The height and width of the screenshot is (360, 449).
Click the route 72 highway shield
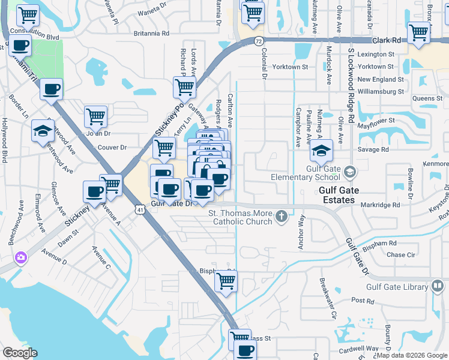[258, 41]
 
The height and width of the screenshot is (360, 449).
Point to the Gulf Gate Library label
[415, 287]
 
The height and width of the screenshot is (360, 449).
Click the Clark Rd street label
[385, 40]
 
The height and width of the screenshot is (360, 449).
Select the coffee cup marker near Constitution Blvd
[20, 46]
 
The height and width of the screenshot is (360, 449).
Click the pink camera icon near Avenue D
[21, 257]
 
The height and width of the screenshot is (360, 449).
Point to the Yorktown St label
[376, 67]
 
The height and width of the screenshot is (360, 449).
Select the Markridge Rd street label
[380, 205]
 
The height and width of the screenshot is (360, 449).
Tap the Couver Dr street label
[112, 146]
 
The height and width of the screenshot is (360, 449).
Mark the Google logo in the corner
[20, 352]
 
